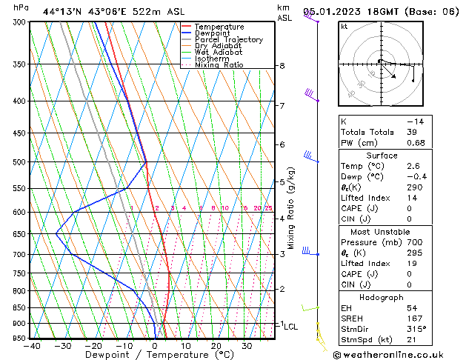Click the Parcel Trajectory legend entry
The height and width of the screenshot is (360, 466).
pyautogui.click(x=228, y=40)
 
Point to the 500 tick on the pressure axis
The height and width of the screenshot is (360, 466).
pyautogui.click(x=19, y=161)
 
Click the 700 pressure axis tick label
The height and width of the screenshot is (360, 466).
pyautogui.click(x=19, y=254)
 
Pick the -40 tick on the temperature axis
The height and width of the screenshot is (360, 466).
pyautogui.click(x=31, y=346)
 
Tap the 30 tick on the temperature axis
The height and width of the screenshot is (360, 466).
pyautogui.click(x=247, y=346)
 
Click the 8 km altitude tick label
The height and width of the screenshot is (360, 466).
pyautogui.click(x=282, y=66)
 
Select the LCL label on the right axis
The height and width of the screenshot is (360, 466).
pyautogui.click(x=291, y=326)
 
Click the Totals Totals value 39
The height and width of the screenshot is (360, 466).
pyautogui.click(x=412, y=132)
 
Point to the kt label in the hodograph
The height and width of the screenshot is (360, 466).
pyautogui.click(x=344, y=27)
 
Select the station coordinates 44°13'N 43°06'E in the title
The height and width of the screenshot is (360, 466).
pyautogui.click(x=80, y=12)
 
